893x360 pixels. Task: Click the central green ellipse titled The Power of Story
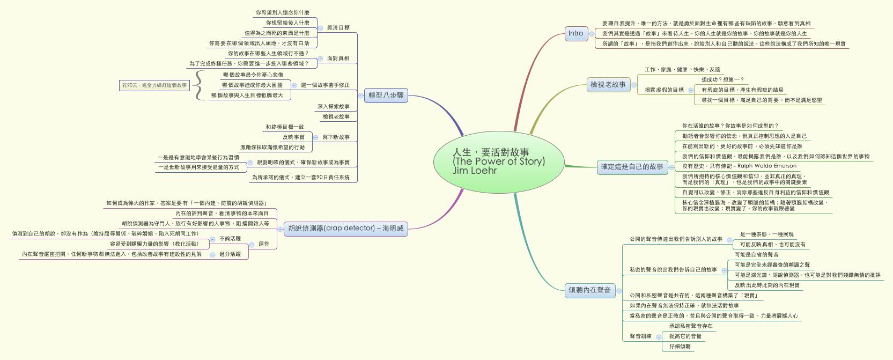(498, 161)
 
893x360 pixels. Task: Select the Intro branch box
(575, 33)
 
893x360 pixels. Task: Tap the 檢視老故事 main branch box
(608, 85)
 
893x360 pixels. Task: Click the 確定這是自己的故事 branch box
(632, 167)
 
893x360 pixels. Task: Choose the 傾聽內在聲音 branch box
(589, 290)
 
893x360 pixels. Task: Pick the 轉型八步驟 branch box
(386, 95)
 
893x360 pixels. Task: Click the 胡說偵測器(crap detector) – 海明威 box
(345, 229)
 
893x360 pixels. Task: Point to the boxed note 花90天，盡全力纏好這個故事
(154, 85)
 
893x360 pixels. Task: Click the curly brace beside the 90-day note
(199, 85)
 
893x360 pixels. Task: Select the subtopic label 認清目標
(338, 27)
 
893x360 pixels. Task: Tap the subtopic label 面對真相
(338, 58)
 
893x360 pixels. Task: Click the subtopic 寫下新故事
(336, 137)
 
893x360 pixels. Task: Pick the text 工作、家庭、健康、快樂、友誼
(682, 70)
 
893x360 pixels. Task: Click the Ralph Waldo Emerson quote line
(732, 166)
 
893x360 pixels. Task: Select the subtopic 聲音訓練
(640, 336)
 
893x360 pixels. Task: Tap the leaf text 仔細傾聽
(680, 347)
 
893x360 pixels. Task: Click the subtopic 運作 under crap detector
(264, 244)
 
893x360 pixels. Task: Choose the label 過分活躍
(230, 254)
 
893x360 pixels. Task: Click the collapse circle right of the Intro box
(592, 33)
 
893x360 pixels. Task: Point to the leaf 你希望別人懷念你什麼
(282, 12)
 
